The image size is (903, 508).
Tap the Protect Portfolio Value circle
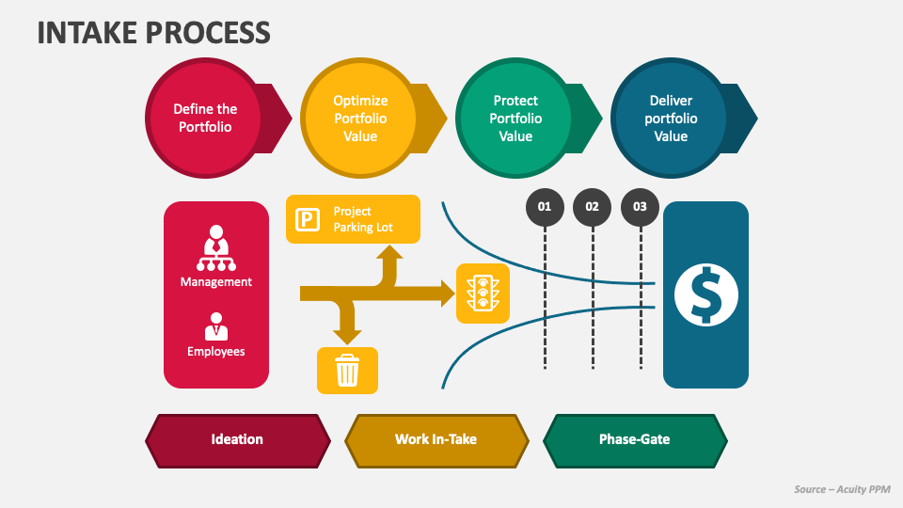[515, 119]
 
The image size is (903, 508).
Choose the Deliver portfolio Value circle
[671, 119]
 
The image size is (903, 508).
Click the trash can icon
[347, 370]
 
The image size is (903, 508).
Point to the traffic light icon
[483, 294]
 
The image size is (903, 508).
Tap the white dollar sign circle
[706, 294]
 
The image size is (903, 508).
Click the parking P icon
[308, 219]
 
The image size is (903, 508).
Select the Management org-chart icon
[216, 247]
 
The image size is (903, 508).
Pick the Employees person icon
[216, 326]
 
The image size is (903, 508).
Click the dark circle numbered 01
[545, 207]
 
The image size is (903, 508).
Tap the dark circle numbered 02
[592, 207]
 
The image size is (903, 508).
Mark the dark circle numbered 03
[640, 207]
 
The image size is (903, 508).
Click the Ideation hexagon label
[238, 440]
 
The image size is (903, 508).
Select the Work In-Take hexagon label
[436, 440]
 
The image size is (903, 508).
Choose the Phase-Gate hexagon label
[635, 440]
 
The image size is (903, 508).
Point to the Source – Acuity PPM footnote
[842, 489]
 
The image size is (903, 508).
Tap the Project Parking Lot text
[363, 219]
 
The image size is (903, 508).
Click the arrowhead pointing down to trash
[347, 337]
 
